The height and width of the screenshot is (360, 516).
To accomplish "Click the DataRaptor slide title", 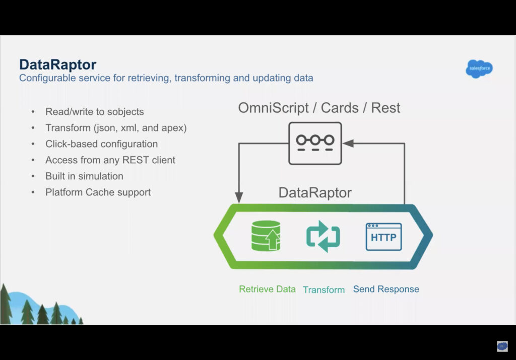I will tap(57, 64).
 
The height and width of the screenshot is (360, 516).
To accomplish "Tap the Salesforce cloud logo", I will tap(479, 68).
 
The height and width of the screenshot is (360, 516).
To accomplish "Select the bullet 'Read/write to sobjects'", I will tap(94, 112).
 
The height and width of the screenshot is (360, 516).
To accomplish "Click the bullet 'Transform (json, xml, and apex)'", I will tap(116, 128).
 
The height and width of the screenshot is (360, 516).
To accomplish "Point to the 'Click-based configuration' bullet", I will tap(101, 144).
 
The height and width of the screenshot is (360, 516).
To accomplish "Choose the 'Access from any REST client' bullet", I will tap(110, 160).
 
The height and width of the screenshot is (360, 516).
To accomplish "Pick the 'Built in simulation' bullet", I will tap(84, 176).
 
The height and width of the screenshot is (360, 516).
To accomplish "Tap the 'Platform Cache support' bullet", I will tap(98, 192).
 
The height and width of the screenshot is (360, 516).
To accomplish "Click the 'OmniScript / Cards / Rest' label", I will tap(319, 108).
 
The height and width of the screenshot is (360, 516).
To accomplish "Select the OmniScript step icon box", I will tap(315, 143).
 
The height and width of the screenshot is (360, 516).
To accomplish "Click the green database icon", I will tap(266, 236).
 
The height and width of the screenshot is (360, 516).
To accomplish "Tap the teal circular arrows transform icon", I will tap(323, 236).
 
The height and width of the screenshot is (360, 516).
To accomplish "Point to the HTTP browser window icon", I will tap(383, 237).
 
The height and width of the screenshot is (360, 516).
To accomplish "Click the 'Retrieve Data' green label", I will tap(267, 289).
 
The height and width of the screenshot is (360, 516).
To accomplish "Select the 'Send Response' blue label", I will tap(386, 289).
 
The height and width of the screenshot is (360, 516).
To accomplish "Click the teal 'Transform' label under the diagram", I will tap(324, 290).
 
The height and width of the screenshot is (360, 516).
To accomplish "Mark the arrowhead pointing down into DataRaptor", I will tap(239, 197).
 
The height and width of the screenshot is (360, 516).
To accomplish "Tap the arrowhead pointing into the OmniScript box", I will tap(348, 143).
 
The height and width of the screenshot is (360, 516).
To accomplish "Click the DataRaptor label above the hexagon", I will tap(315, 192).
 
